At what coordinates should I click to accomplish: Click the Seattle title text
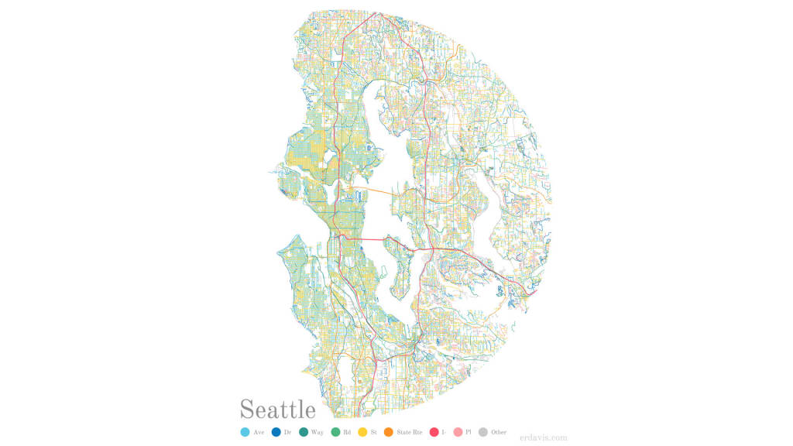click(277, 409)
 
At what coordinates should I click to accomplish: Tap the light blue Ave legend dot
click(245, 432)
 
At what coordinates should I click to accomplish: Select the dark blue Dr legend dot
click(276, 432)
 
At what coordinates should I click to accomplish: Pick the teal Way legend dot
click(304, 432)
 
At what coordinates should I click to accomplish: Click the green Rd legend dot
click(335, 432)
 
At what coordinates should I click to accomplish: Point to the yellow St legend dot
click(362, 432)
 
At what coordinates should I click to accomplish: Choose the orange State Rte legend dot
click(388, 432)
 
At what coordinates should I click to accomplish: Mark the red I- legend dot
click(434, 432)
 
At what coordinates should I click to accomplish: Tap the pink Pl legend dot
click(458, 432)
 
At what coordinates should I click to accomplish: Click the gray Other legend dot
click(483, 432)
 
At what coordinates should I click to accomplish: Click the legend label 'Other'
click(499, 432)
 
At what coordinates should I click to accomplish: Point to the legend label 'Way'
click(318, 432)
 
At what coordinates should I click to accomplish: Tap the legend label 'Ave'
click(259, 432)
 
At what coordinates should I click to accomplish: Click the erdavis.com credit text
click(544, 437)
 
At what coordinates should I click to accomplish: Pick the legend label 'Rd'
click(347, 432)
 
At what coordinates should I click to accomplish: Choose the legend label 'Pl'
click(469, 432)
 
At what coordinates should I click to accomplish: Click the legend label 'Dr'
click(287, 432)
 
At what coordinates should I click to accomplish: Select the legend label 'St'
click(373, 432)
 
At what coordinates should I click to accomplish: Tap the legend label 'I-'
click(444, 432)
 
